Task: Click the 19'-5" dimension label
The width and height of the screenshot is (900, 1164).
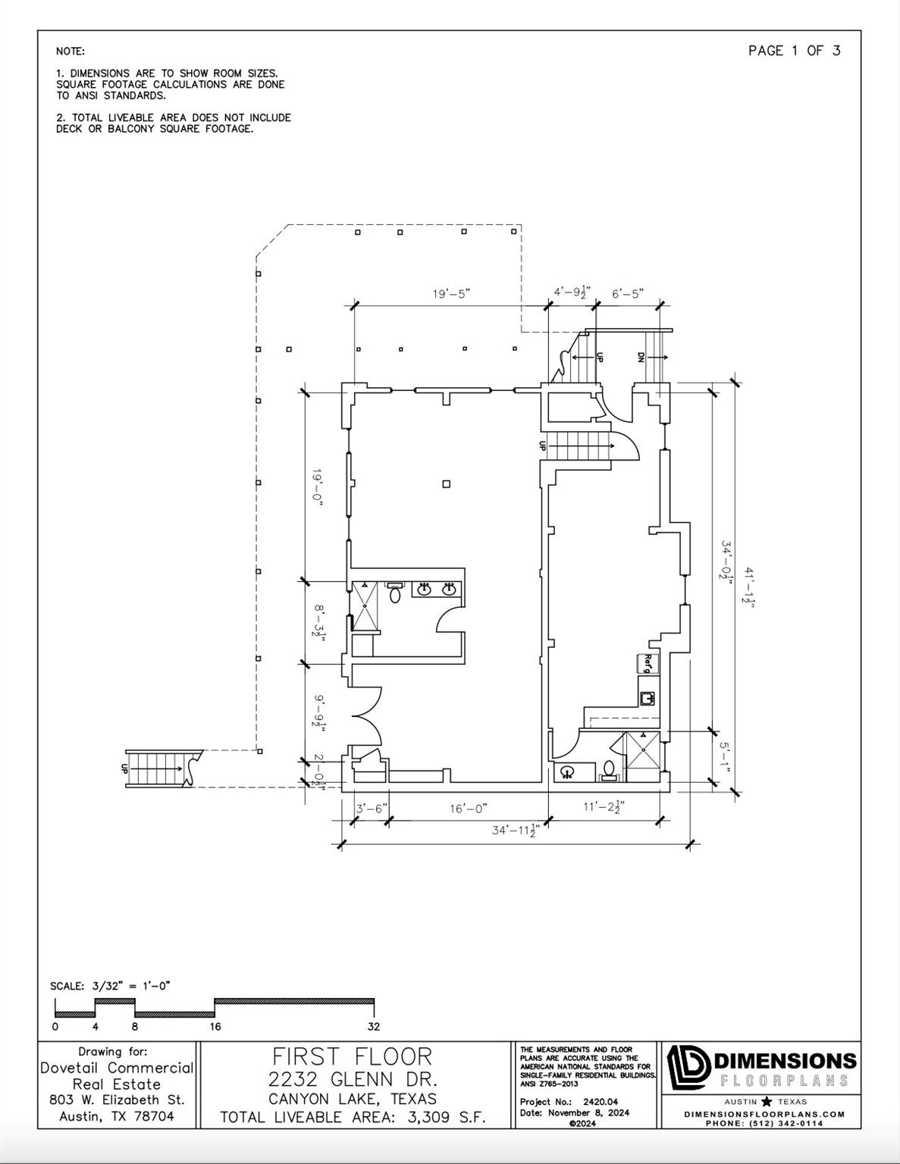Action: coord(451,293)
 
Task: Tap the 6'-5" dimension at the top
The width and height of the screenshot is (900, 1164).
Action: coord(628,293)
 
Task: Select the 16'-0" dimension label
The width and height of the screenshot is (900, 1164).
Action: coord(469,809)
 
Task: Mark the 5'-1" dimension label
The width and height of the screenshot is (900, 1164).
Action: coord(726,757)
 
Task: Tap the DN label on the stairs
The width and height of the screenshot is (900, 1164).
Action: coord(640,357)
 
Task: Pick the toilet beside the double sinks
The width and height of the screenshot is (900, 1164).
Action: coord(395,592)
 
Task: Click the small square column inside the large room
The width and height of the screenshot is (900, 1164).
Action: coord(447,484)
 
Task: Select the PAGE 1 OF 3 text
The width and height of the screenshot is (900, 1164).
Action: coord(795,51)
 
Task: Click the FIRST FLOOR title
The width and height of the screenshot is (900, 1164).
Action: coord(353,1057)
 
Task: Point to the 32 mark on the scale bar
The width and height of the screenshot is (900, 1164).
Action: coord(373,1026)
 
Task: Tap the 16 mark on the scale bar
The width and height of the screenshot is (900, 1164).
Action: coord(215,1026)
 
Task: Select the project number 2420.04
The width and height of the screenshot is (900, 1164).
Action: coord(601,1102)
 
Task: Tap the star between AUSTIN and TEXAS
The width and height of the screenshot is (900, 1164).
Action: coord(767,1102)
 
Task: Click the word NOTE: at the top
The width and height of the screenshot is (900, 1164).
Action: coord(71,52)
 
